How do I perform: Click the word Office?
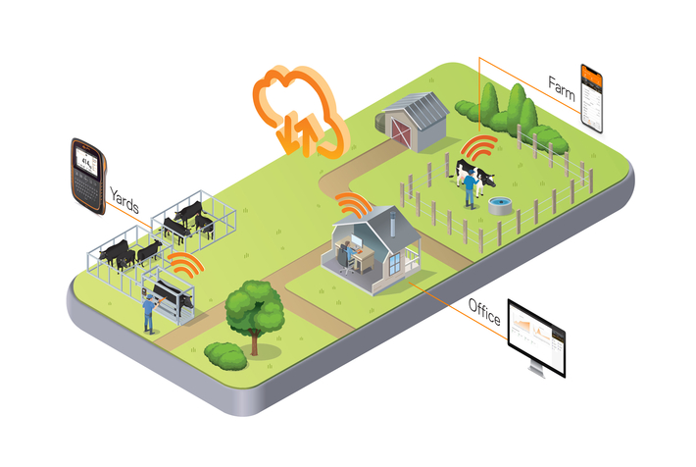tap(484, 316)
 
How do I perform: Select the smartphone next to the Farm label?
tap(591, 98)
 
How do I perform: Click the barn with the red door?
tap(415, 120)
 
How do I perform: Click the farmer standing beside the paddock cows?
tap(472, 185)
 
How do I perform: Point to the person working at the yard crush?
tap(149, 312)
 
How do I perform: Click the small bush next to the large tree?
tap(225, 354)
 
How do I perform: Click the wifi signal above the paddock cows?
tap(479, 150)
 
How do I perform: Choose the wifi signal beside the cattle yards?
tap(185, 263)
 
